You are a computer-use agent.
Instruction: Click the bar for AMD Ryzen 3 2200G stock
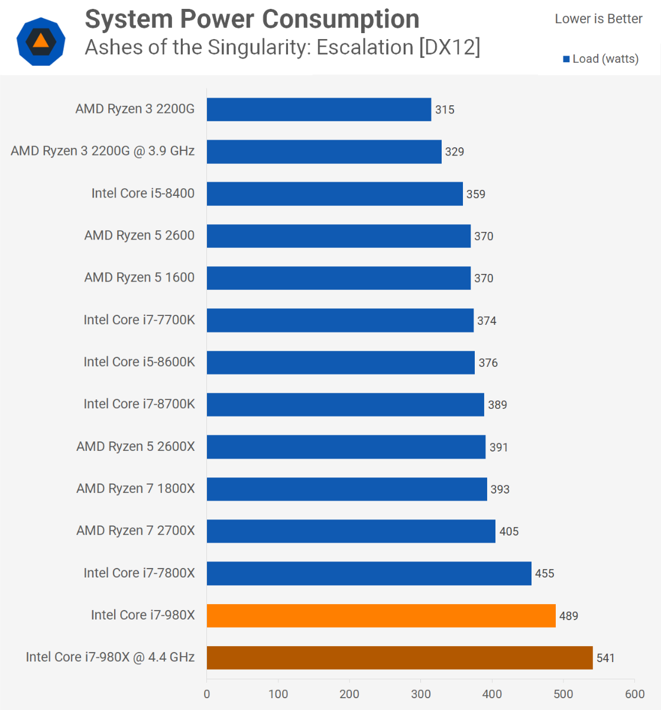pos(319,109)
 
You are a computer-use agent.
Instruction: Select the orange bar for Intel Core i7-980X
pos(381,615)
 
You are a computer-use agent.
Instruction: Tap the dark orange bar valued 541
pos(399,657)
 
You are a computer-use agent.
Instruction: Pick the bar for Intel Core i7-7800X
pos(369,573)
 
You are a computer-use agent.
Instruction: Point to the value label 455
pos(545,573)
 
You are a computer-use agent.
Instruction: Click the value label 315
pos(445,109)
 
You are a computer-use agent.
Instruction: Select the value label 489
pos(568,616)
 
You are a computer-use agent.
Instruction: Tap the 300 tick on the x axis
pos(421,694)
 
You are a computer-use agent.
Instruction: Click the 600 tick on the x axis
pos(635,694)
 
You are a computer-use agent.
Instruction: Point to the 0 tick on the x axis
pos(207,694)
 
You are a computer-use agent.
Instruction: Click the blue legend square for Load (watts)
pos(566,59)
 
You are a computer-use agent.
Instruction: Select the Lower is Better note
pos(598,19)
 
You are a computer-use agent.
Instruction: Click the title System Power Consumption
pos(252,19)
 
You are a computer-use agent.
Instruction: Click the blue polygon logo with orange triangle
pos(41,41)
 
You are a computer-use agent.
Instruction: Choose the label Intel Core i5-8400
pos(142,193)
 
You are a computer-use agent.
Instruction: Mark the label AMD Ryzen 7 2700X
pos(135,531)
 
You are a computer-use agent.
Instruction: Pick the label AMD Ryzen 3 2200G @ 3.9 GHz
pos(102,151)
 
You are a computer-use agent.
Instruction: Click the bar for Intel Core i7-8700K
pos(345,405)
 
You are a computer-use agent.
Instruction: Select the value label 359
pos(475,194)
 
